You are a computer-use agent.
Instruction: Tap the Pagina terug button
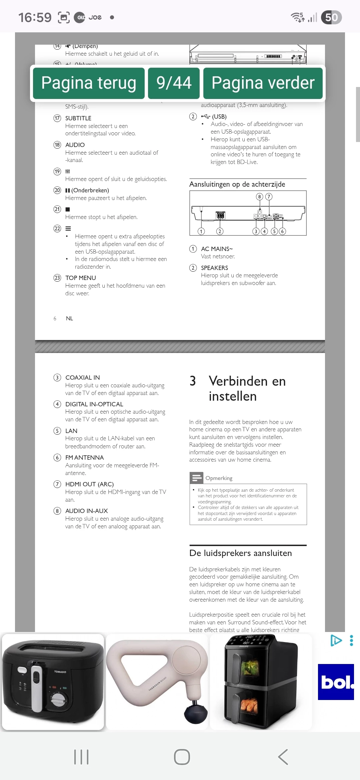pos(89,83)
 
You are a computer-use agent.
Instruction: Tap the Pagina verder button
pos(263,83)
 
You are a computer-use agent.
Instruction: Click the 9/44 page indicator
pos(174,83)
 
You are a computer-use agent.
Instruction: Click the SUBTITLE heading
pos(78,118)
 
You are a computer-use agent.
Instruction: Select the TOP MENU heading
pos(80,278)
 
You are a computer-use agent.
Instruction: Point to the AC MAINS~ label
pos(217,249)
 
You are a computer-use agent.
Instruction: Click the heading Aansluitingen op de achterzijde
pos(237,184)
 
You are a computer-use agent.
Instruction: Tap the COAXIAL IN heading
pos(82,378)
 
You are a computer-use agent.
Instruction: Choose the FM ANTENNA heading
pos(84,458)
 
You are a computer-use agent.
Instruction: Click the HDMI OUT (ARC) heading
pos(89,484)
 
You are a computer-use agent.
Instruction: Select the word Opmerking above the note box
pos(219,478)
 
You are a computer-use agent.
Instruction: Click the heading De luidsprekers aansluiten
pos(240,553)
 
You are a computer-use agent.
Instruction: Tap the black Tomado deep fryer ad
pos(53,682)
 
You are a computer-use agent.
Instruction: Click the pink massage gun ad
pos(157,682)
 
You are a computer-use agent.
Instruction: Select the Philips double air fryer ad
pos(261,682)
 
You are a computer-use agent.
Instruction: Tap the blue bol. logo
pos(336,682)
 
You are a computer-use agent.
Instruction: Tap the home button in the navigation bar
pos(182,757)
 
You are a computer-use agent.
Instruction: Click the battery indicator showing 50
pos(331,17)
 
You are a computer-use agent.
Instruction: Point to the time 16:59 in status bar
pos(35,17)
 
